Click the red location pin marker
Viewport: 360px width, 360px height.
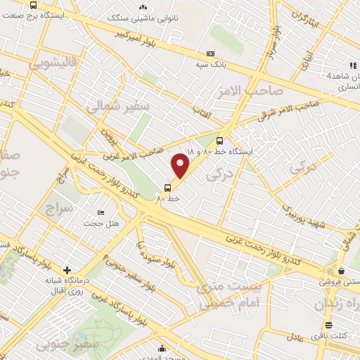(x=181, y=165)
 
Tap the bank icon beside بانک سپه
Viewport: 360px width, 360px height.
(x=210, y=54)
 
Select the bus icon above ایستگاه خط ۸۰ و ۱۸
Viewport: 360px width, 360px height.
(x=220, y=140)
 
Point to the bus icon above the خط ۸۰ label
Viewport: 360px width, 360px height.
(x=167, y=187)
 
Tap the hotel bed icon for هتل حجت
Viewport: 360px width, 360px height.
(x=101, y=212)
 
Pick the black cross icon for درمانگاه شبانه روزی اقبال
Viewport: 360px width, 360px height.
(x=67, y=270)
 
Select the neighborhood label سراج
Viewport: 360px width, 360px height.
(x=59, y=208)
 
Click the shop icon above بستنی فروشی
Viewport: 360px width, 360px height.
(x=341, y=271)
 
